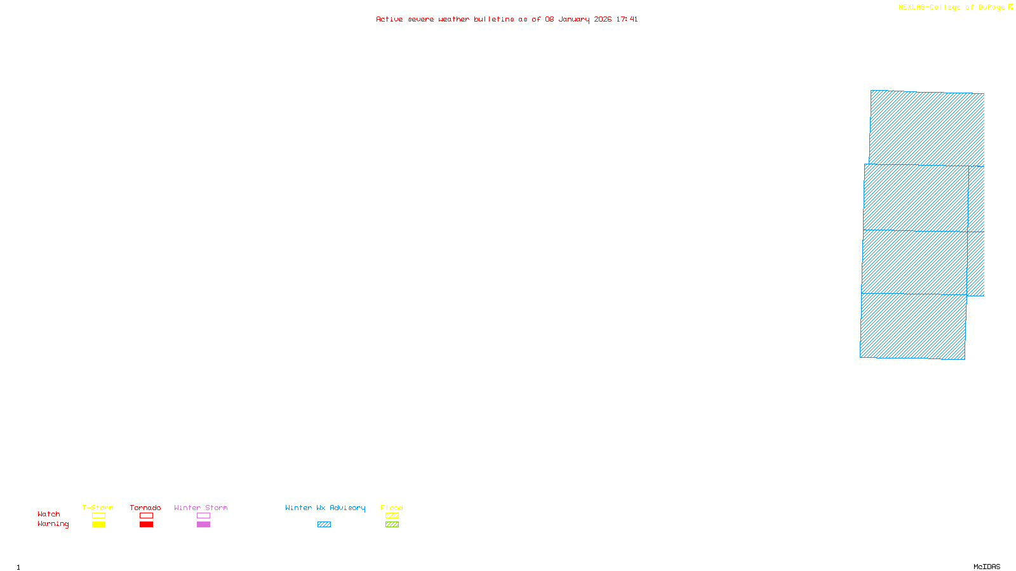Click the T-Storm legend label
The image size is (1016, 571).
point(98,508)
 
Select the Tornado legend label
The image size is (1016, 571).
point(145,508)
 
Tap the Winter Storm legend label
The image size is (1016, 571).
point(201,508)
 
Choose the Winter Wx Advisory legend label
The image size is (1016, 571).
point(325,508)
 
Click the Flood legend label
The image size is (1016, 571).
point(392,508)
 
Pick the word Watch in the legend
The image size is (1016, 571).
point(49,514)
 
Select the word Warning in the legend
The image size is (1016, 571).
point(53,524)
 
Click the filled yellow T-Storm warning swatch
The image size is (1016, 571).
point(98,525)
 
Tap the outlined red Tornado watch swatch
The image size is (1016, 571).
point(147,516)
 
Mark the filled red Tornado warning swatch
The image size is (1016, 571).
point(147,525)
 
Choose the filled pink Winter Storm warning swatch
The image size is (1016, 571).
point(203,525)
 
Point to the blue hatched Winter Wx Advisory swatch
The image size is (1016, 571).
point(324,525)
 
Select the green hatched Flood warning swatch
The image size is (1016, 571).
point(392,525)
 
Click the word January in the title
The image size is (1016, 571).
point(574,20)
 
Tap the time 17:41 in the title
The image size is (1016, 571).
point(627,20)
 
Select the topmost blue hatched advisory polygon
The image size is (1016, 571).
point(926,127)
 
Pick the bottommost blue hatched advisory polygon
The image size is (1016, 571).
point(913,326)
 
